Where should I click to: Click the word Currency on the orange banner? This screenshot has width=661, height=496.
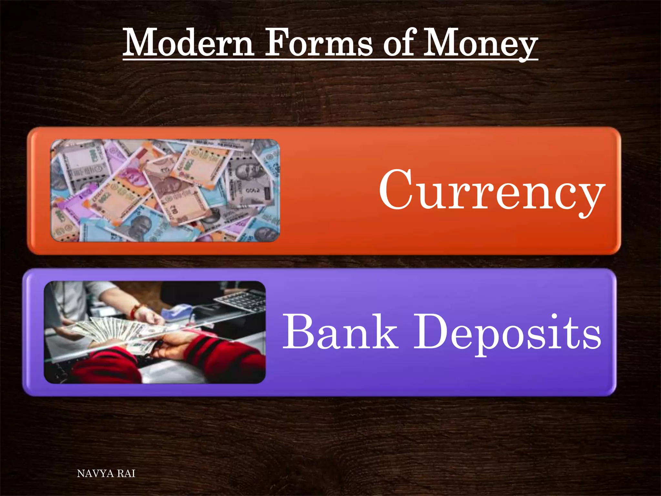491,191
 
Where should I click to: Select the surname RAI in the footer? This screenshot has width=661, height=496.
126,474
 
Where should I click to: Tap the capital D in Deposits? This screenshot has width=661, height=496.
431,332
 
